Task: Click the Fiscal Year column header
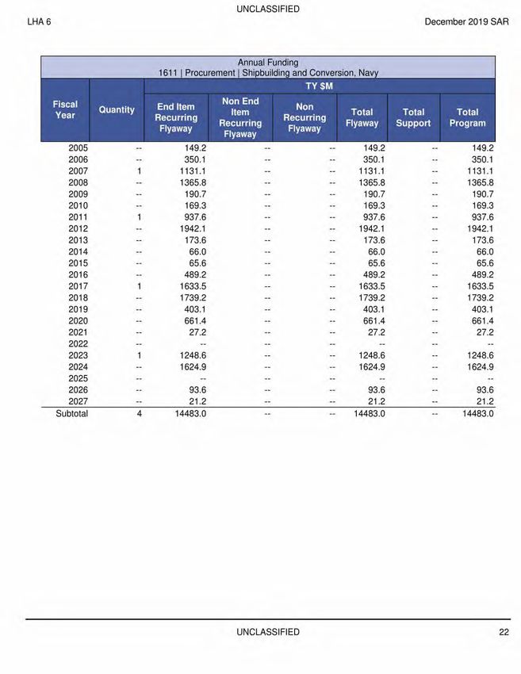pyautogui.click(x=65, y=109)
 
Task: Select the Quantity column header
pyautogui.click(x=117, y=109)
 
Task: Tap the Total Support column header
pyautogui.click(x=413, y=117)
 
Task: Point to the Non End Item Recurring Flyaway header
pyautogui.click(x=240, y=117)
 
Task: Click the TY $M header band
pyautogui.click(x=320, y=85)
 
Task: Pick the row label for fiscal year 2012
pyautogui.click(x=79, y=228)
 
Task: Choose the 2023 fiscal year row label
pyautogui.click(x=79, y=356)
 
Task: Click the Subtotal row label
pyautogui.click(x=71, y=413)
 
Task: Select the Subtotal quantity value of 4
pyautogui.click(x=139, y=413)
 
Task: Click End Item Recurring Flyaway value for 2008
pyautogui.click(x=190, y=182)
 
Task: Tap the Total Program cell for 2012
pyautogui.click(x=479, y=228)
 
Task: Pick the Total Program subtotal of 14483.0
pyautogui.click(x=477, y=413)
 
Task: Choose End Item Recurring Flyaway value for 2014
pyautogui.click(x=195, y=251)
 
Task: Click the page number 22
pyautogui.click(x=504, y=632)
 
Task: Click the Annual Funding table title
pyautogui.click(x=268, y=62)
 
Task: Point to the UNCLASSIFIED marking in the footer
pyautogui.click(x=268, y=632)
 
